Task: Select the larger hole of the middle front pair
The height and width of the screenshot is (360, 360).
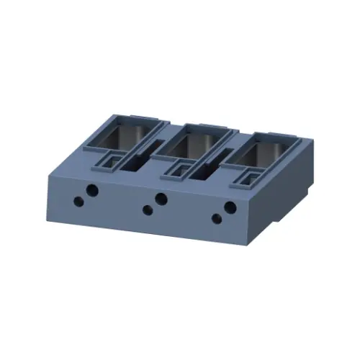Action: pos(161,199)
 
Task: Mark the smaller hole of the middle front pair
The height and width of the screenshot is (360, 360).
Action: pos(147,210)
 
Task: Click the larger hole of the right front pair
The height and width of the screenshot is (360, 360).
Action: pos(230,207)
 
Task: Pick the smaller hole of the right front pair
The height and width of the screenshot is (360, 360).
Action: pos(216,219)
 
